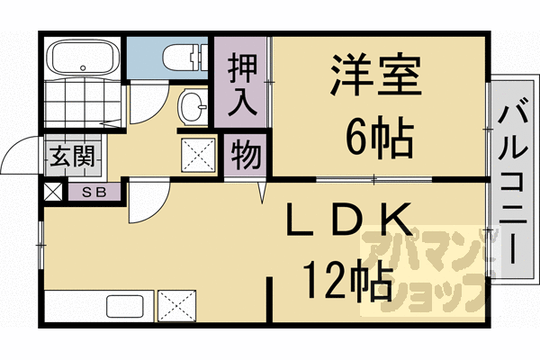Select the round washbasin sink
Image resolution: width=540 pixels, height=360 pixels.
(x=192, y=107)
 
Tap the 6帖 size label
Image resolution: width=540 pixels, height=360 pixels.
(x=378, y=138)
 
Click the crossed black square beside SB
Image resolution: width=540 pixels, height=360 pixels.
(x=53, y=192)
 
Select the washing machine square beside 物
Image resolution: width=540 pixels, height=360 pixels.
(x=197, y=154)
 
